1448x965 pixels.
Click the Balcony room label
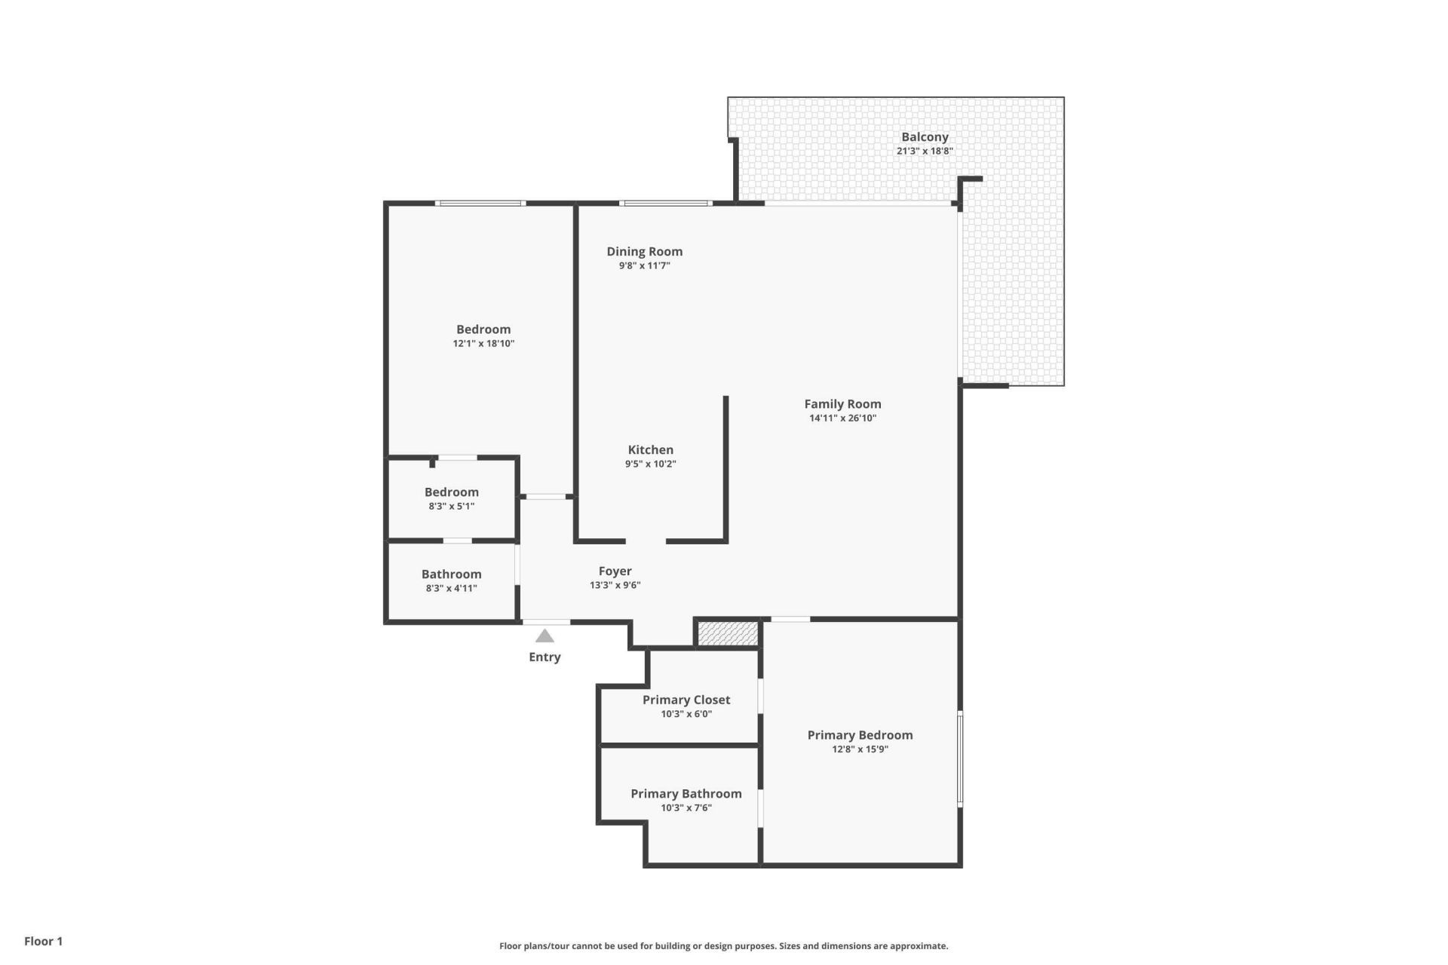[x=925, y=137]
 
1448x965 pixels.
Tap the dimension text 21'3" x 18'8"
[x=925, y=151]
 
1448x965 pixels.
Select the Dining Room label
[x=644, y=252]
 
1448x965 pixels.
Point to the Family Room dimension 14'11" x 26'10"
[x=842, y=418]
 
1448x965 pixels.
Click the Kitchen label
[x=650, y=450]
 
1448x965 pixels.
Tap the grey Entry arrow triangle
[x=545, y=636]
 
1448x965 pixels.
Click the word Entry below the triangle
[x=545, y=657]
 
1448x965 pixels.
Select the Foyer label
[x=615, y=571]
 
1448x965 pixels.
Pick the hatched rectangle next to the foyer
[x=728, y=633]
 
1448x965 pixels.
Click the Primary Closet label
[x=686, y=700]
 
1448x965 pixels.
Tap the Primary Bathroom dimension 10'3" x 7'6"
[x=686, y=808]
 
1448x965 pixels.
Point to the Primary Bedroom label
[x=860, y=735]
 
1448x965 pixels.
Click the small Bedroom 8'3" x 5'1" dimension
[x=451, y=507]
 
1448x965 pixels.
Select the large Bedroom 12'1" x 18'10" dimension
[x=483, y=344]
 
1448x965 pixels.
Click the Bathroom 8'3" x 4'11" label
[x=451, y=574]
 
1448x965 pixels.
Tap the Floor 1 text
[x=43, y=941]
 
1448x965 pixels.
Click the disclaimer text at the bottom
[x=723, y=946]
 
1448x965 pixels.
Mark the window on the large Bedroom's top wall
[x=480, y=203]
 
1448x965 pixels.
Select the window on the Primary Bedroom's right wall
[x=960, y=758]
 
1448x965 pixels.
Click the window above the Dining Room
[x=665, y=203]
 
